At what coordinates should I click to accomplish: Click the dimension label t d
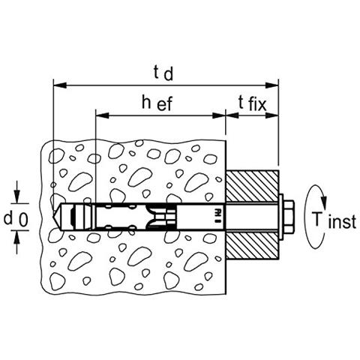pyautogui.click(x=163, y=73)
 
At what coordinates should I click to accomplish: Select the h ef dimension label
pyautogui.click(x=157, y=103)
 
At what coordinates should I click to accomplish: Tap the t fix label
pyautogui.click(x=252, y=103)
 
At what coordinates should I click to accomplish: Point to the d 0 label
pyautogui.click(x=16, y=219)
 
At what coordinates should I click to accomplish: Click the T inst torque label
pyautogui.click(x=334, y=220)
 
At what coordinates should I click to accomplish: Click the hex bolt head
pyautogui.click(x=289, y=217)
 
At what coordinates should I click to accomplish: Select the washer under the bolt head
pyautogui.click(x=281, y=217)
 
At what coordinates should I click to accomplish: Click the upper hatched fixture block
pyautogui.click(x=252, y=186)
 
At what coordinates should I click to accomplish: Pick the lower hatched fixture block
pyautogui.click(x=252, y=246)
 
